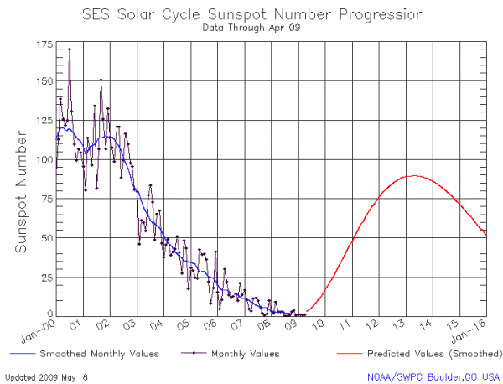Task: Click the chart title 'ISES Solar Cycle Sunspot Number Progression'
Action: (x=251, y=14)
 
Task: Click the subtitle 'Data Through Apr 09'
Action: (x=251, y=27)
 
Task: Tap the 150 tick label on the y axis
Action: (x=43, y=81)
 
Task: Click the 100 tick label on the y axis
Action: (x=43, y=159)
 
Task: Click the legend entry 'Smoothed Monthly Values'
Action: (x=89, y=354)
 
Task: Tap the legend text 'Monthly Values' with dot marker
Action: (x=246, y=354)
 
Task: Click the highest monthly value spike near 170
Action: (x=70, y=49)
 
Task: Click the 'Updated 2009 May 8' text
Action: (x=46, y=377)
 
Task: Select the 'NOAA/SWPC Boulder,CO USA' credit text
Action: (x=433, y=377)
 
